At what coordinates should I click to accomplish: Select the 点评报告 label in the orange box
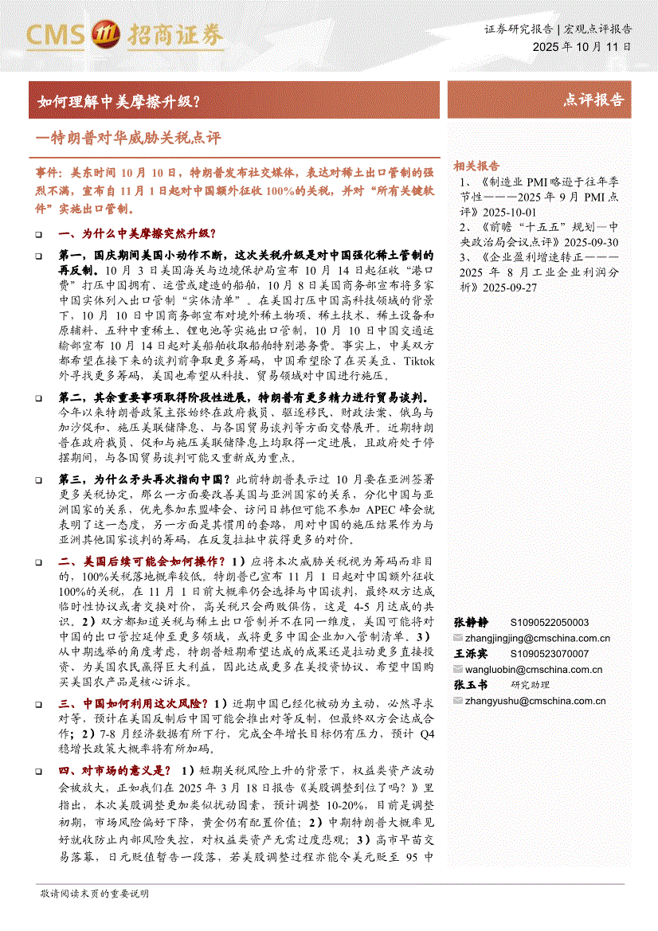click(x=593, y=100)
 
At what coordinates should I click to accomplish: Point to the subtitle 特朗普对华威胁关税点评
click(x=131, y=138)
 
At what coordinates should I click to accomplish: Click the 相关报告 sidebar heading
click(x=476, y=166)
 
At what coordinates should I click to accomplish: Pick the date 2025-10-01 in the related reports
click(x=511, y=213)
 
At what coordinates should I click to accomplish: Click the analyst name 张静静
click(x=470, y=623)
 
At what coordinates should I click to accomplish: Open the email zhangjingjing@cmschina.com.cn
click(x=538, y=638)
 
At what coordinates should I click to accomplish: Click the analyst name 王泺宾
click(x=470, y=654)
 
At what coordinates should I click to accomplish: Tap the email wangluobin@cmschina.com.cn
click(x=534, y=670)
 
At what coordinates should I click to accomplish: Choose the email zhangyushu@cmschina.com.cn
click(x=534, y=701)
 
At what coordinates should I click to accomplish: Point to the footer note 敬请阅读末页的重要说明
click(x=94, y=894)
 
